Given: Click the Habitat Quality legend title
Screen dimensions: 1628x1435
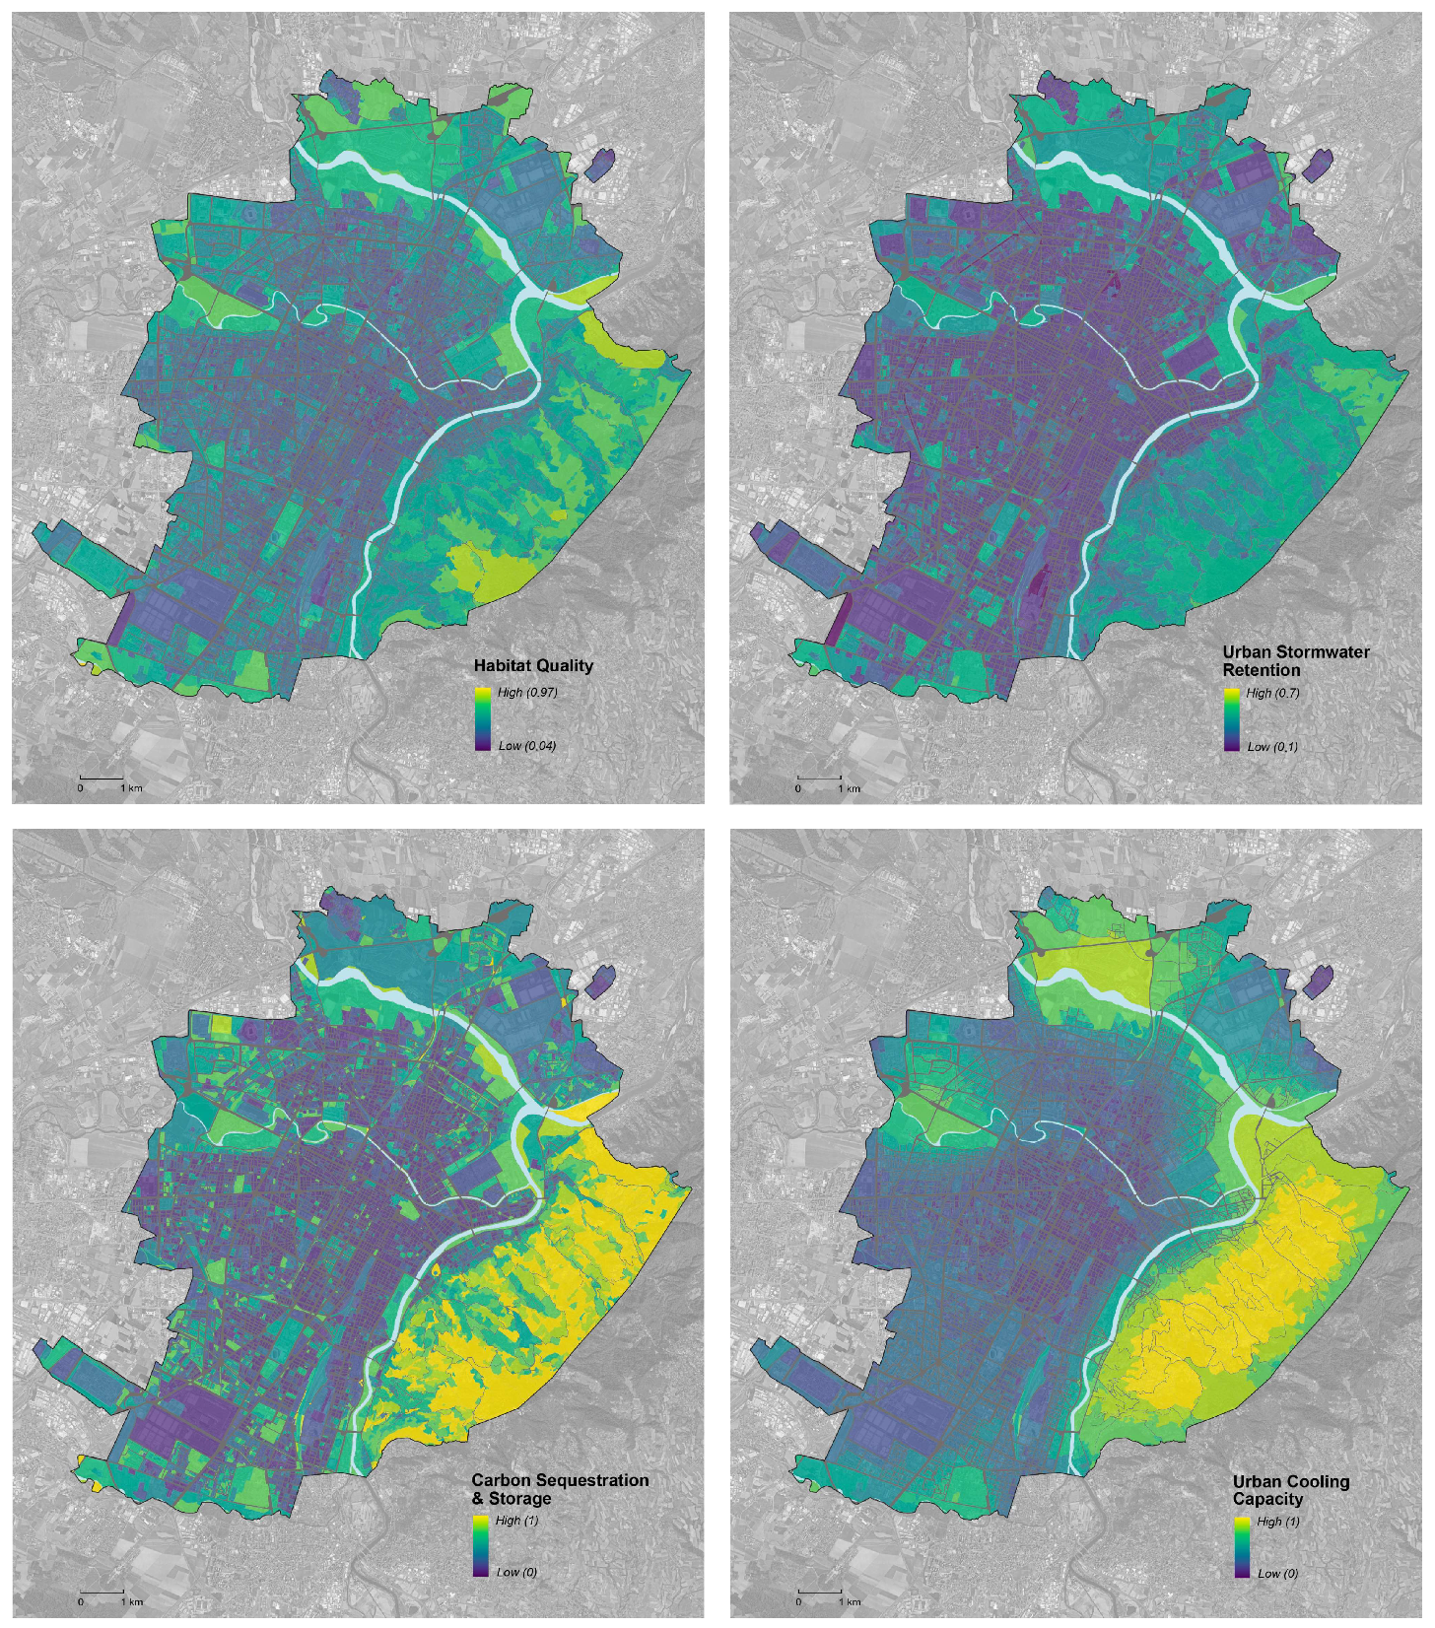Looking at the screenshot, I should pyautogui.click(x=533, y=665).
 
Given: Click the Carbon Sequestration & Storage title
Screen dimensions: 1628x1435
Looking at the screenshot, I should pyautogui.click(x=560, y=1488).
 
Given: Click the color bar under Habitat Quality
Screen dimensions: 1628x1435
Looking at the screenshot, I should pyautogui.click(x=483, y=718).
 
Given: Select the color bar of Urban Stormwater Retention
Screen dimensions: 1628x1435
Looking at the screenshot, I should pyautogui.click(x=1232, y=719).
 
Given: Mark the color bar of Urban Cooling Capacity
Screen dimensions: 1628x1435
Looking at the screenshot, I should pyautogui.click(x=1243, y=1547).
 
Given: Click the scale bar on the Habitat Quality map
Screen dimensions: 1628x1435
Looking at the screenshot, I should pyautogui.click(x=102, y=780).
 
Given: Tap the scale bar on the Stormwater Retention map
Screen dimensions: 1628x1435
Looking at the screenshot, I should pyautogui.click(x=819, y=780).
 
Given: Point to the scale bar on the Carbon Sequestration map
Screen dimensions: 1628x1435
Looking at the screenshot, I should pyautogui.click(x=102, y=1593).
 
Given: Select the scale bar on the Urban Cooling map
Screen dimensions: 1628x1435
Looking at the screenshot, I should pyautogui.click(x=819, y=1593).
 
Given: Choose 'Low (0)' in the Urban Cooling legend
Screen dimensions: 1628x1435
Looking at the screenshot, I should pyautogui.click(x=1277, y=1573).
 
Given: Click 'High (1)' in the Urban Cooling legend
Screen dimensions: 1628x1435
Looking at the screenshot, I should pyautogui.click(x=1278, y=1521).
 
